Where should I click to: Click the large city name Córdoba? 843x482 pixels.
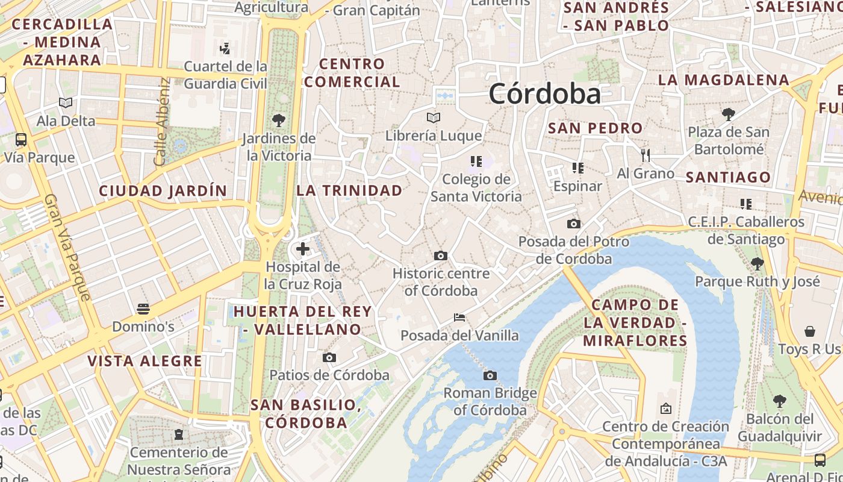click(544, 94)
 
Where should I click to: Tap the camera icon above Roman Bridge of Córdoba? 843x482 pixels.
click(490, 376)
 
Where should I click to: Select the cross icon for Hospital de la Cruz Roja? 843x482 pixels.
click(303, 248)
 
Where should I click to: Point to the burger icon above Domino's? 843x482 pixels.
click(143, 309)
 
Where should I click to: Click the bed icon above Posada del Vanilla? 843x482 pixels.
click(459, 318)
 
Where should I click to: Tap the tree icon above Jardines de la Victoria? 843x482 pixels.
click(278, 120)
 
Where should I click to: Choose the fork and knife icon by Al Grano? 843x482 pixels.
click(645, 155)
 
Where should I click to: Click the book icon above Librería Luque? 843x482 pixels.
click(434, 117)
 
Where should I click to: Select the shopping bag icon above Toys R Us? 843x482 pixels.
click(810, 331)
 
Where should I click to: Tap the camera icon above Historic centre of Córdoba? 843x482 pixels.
click(441, 256)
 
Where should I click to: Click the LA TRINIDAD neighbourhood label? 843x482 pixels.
click(349, 190)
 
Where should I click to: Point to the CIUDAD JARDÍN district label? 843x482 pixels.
click(163, 191)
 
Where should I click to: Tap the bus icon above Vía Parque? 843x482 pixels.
click(21, 140)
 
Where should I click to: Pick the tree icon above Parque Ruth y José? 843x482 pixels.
click(757, 263)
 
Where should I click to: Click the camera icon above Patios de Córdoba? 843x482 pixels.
click(329, 358)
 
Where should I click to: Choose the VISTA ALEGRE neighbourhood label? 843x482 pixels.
click(145, 361)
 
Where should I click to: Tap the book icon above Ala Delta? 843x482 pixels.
click(66, 103)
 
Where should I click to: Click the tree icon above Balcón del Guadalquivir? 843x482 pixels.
click(779, 401)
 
